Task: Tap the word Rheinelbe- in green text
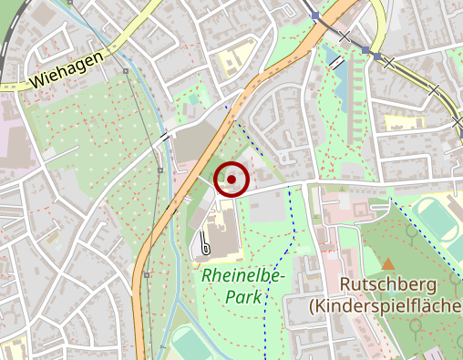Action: tap(244, 275)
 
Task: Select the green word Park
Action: tap(242, 296)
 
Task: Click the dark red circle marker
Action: tap(231, 180)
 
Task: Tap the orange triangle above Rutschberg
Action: tap(388, 264)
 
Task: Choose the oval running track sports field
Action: tap(435, 226)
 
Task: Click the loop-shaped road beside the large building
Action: tap(205, 244)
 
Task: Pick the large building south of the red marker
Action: tap(219, 228)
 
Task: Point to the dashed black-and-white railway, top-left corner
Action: tap(11, 23)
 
